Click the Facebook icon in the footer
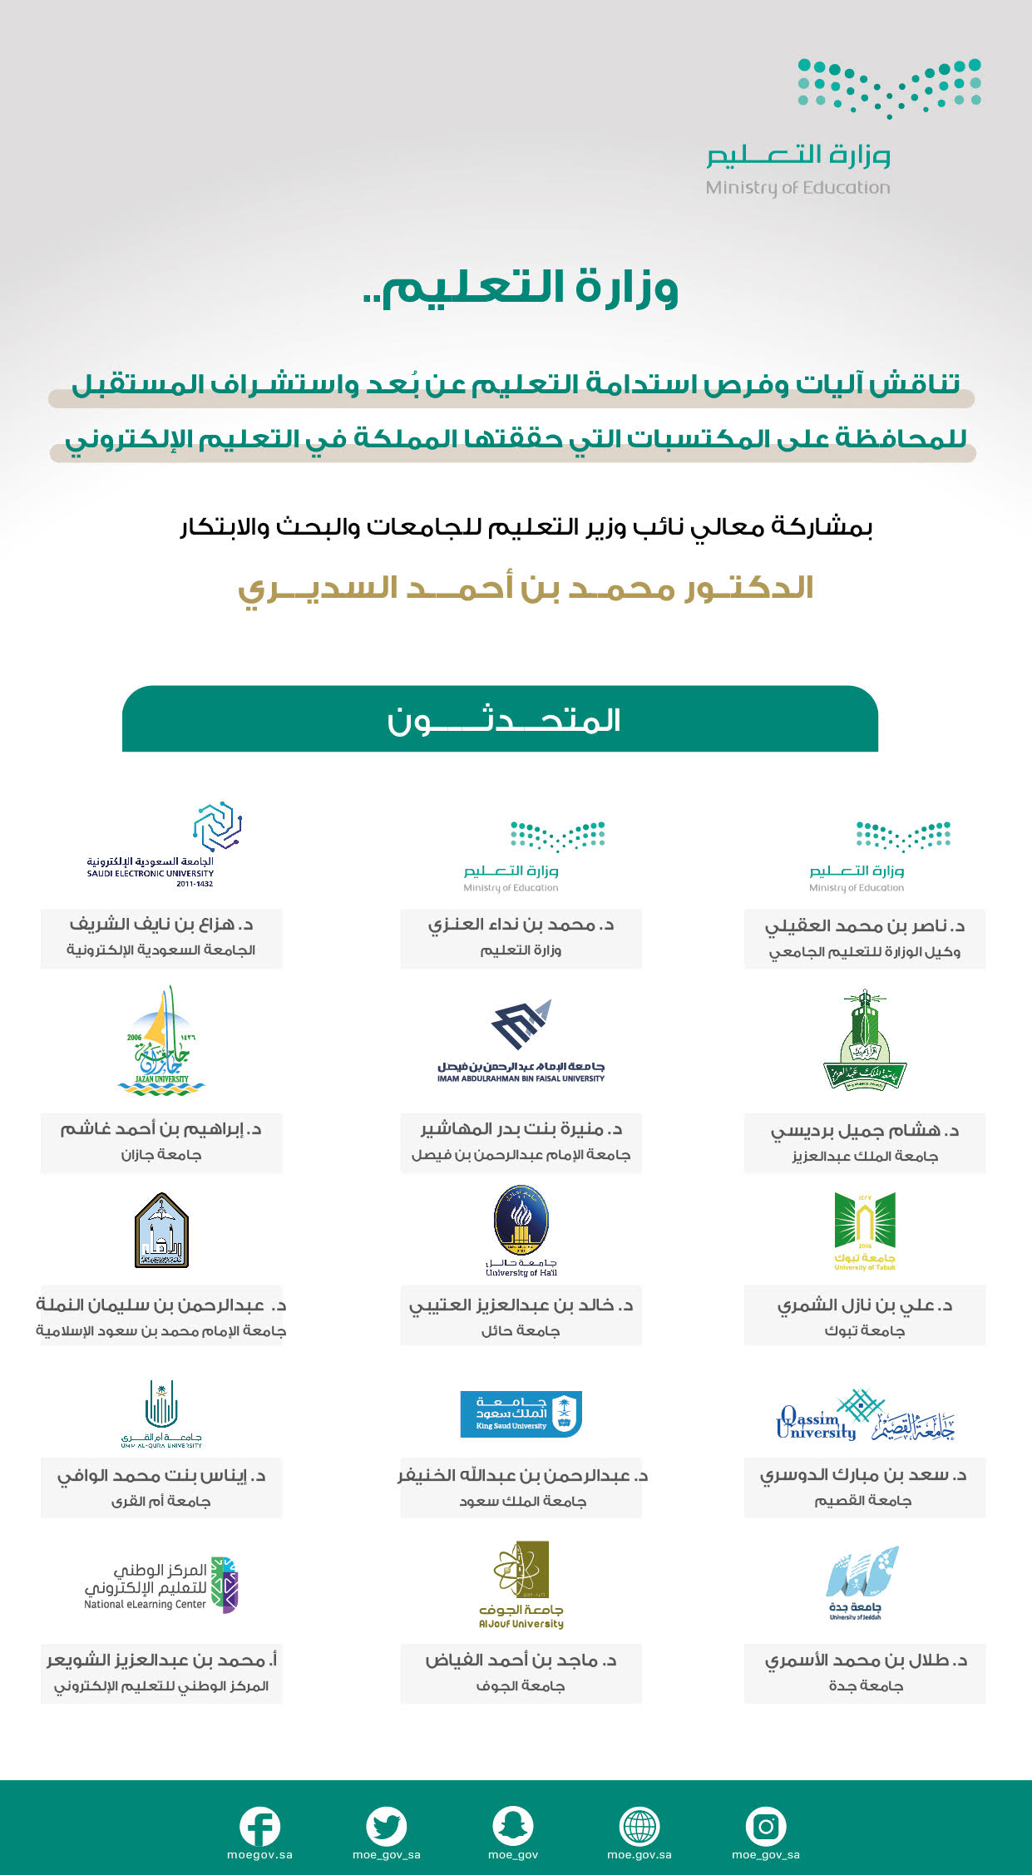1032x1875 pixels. (x=259, y=1827)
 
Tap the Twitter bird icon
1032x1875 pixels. (x=387, y=1827)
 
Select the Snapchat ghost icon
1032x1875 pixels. (x=513, y=1827)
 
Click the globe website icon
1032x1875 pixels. (x=639, y=1827)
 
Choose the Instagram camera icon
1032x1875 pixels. (x=766, y=1827)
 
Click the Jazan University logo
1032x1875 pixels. (x=160, y=1041)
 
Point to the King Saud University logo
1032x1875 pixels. (x=521, y=1414)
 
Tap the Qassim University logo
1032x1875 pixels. (x=865, y=1417)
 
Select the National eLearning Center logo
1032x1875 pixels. (x=160, y=1585)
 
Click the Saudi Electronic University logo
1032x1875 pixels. (x=160, y=844)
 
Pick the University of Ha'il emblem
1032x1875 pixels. (x=521, y=1230)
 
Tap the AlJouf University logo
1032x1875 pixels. (x=521, y=1584)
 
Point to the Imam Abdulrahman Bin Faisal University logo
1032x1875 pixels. (x=521, y=1040)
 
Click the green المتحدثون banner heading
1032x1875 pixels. (x=500, y=719)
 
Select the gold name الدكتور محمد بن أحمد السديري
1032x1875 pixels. (x=526, y=588)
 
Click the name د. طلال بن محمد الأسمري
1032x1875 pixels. (x=866, y=1660)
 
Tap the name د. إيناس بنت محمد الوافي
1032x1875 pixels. (x=161, y=1476)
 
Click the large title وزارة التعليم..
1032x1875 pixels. (x=521, y=288)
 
